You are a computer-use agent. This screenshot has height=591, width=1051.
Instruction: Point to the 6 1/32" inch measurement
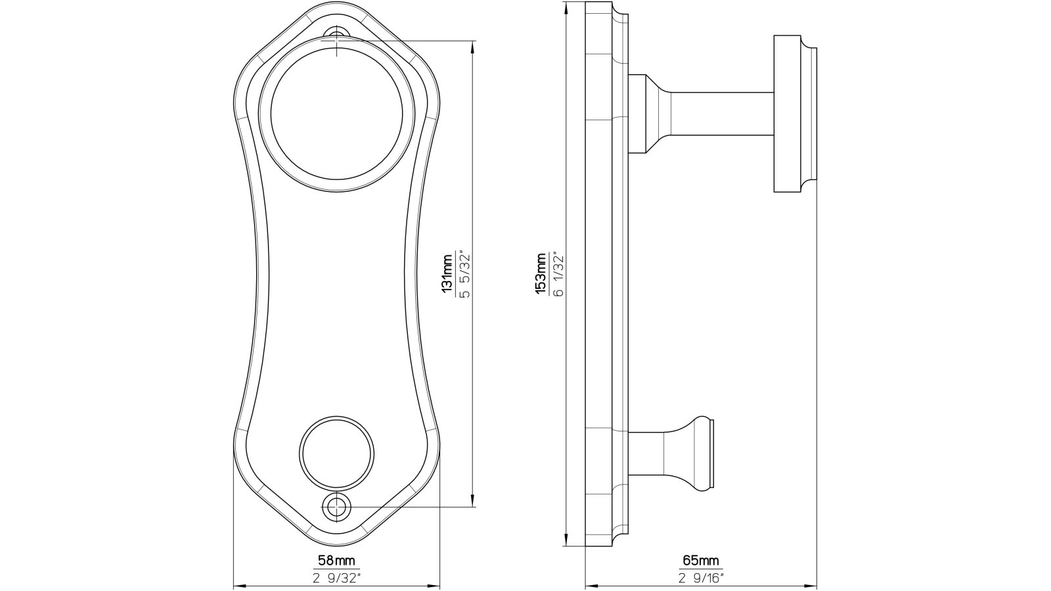tap(558, 274)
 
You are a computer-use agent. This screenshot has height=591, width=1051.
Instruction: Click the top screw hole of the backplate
tap(337, 34)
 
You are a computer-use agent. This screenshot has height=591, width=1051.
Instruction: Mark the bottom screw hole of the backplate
tap(336, 506)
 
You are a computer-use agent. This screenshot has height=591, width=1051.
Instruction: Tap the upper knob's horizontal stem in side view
tap(723, 113)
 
